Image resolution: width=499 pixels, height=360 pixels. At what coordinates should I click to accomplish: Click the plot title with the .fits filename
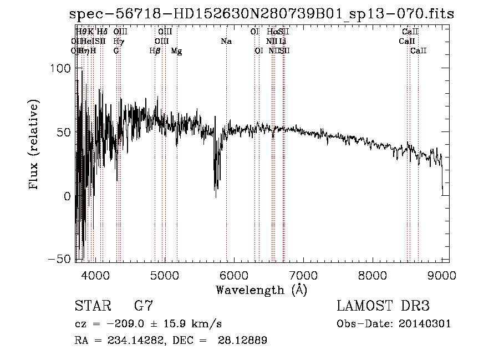(261, 14)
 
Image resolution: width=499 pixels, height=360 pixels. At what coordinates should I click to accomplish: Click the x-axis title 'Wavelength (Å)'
(261, 290)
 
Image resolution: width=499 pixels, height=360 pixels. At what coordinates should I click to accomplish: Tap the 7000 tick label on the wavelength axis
(303, 276)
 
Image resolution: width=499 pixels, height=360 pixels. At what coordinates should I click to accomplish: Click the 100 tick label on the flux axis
(61, 68)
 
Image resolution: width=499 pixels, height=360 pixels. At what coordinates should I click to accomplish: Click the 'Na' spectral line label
(226, 42)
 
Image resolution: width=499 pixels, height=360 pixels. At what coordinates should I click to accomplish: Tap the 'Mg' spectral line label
(176, 51)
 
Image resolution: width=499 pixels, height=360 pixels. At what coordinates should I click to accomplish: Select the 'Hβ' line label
(155, 51)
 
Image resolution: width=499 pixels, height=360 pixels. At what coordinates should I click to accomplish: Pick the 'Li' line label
(283, 42)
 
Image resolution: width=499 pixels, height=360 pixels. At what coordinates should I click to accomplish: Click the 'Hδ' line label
(102, 32)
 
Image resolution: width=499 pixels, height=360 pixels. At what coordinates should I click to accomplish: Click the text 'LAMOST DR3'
(383, 306)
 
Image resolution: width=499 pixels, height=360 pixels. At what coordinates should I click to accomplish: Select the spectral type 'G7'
(144, 306)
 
